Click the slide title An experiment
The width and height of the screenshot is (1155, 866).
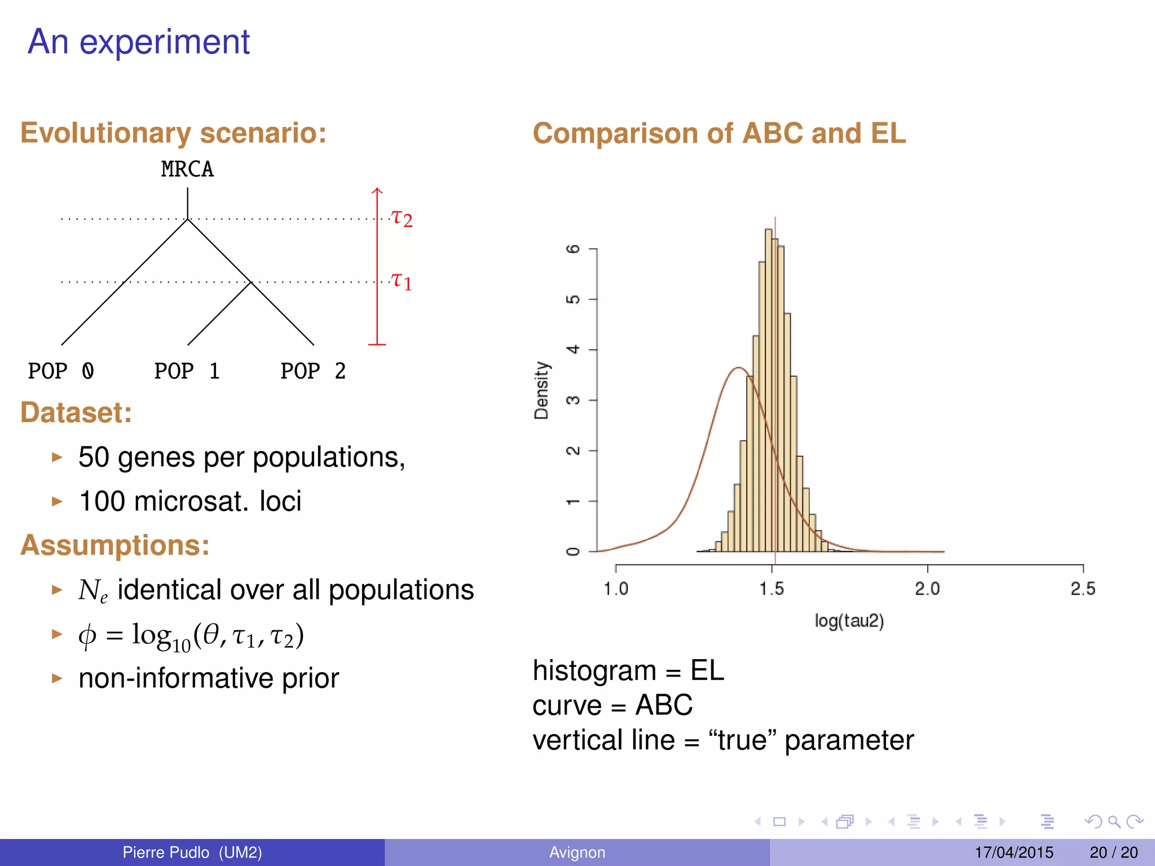point(138,42)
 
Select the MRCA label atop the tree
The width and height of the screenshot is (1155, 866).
point(187,169)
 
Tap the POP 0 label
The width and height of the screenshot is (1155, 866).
point(61,371)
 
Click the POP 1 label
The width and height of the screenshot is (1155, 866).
point(187,371)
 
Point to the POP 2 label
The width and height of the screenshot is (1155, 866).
point(313,371)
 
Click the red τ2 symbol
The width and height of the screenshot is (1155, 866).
point(402,218)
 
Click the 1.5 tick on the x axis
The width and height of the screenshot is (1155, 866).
point(772,589)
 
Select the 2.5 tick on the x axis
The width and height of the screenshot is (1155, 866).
point(1083,589)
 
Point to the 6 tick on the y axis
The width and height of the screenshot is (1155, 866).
point(573,249)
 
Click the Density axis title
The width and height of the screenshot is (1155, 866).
point(541,390)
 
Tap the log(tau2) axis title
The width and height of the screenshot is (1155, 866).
point(849,621)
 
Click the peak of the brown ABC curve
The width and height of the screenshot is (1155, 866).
point(739,368)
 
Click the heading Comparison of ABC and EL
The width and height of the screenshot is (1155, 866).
point(719,134)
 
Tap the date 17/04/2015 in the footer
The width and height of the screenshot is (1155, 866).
point(1013,852)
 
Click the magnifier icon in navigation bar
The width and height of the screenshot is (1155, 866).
point(1114,821)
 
